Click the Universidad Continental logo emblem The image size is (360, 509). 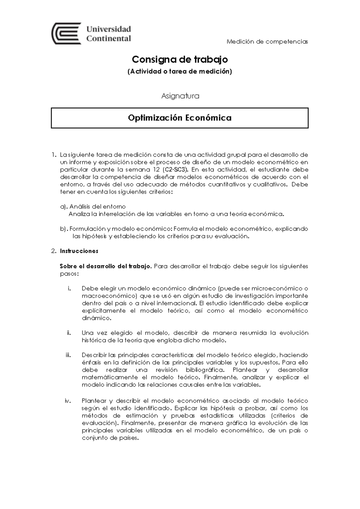click(66, 33)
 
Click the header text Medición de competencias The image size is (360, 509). click(267, 41)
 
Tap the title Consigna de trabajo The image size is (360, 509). click(180, 59)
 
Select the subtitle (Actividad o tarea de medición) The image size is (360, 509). click(180, 71)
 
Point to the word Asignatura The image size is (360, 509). click(180, 96)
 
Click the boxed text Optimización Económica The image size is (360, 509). click(180, 118)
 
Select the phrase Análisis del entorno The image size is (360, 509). click(97, 206)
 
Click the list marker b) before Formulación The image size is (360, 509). click(64, 229)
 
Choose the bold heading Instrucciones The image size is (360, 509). click(79, 251)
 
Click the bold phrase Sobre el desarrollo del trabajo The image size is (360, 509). click(106, 266)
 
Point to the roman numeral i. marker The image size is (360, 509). click(69, 288)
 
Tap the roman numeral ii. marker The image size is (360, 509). click(69, 333)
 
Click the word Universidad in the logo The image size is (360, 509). click(109, 29)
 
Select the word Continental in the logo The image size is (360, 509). click(109, 38)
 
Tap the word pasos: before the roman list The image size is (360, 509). click(69, 273)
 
